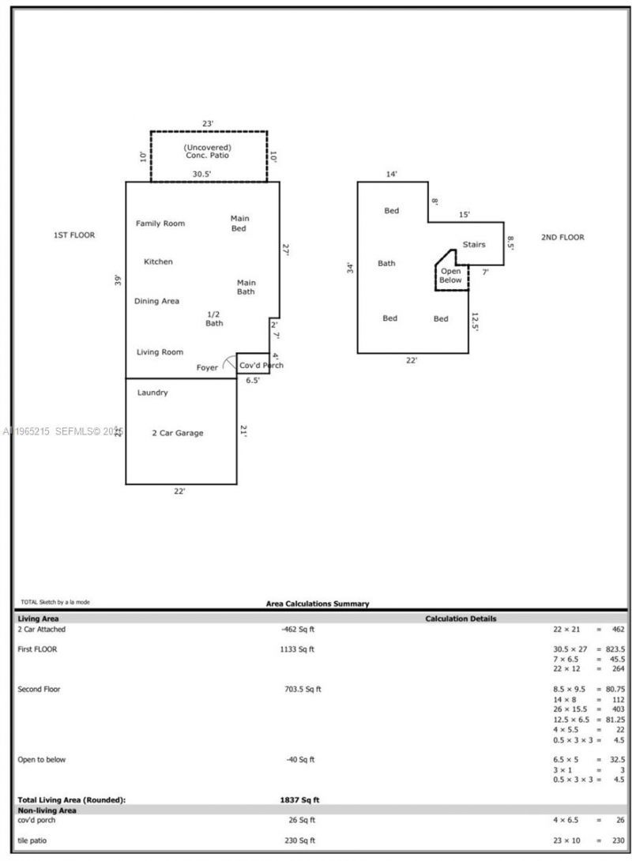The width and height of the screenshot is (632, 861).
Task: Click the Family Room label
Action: tap(160, 224)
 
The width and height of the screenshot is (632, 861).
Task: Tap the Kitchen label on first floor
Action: tap(158, 261)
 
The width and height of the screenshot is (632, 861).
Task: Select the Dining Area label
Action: tap(156, 301)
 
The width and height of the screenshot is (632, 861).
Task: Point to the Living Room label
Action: tap(160, 352)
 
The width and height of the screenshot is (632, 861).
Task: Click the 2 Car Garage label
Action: tap(177, 433)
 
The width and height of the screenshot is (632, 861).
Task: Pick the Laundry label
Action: tap(152, 393)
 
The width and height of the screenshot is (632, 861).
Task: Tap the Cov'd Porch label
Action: tap(261, 366)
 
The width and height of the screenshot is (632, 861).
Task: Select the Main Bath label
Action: tap(246, 288)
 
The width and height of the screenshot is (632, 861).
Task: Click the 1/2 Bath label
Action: tap(214, 318)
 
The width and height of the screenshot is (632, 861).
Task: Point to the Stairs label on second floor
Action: tap(474, 245)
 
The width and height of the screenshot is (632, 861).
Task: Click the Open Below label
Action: tap(450, 276)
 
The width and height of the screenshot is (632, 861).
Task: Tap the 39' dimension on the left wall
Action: tap(118, 280)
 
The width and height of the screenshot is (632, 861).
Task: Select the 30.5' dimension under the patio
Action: tap(201, 175)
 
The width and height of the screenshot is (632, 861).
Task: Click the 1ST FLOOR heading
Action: tap(74, 235)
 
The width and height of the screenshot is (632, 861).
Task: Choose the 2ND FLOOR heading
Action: tap(562, 237)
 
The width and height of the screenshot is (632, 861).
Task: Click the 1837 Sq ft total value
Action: tap(299, 799)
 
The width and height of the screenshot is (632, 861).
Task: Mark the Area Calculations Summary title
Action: tap(317, 603)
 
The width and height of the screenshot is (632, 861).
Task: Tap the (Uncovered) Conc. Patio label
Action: tap(207, 152)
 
